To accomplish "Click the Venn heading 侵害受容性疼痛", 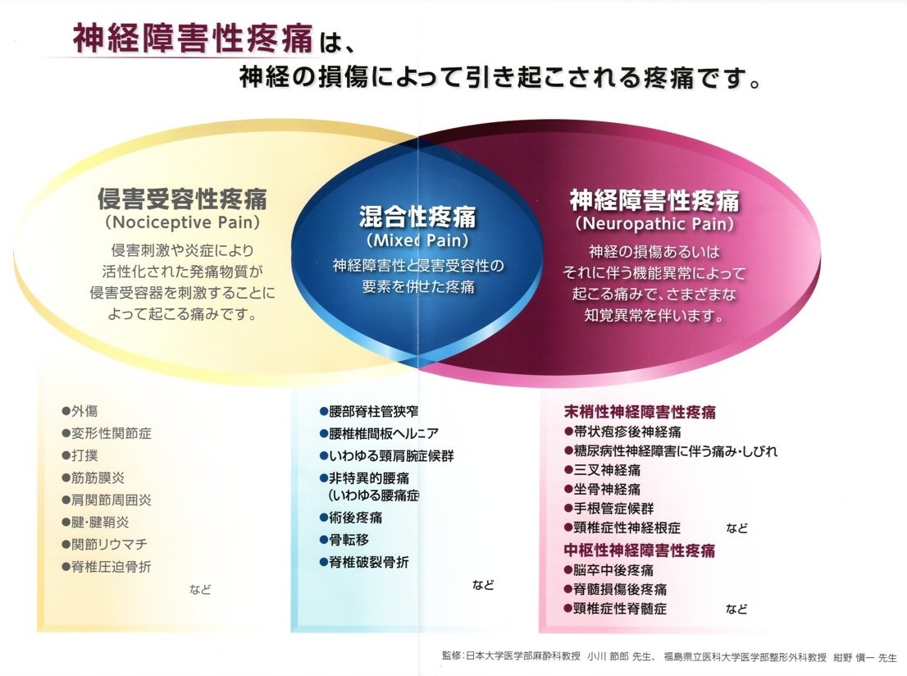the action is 182,199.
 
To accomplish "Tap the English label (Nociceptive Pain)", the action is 182,222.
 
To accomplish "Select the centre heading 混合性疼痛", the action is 417,217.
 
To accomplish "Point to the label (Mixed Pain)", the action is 417,240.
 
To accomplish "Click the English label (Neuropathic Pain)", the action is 654,223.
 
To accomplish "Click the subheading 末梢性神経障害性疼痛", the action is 640,412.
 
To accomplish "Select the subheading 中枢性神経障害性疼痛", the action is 640,550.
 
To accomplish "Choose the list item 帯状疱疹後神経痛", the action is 622,432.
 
